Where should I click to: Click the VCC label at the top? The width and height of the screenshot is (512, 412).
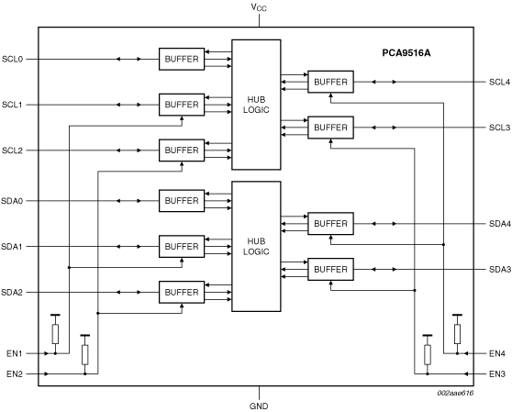259,7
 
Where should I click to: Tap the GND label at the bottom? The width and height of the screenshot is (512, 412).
259,406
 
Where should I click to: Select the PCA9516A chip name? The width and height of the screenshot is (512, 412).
406,53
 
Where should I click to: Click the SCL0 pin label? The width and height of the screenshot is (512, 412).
13,59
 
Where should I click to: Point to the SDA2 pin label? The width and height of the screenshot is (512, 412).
12,292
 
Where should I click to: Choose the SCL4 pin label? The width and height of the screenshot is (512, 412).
499,82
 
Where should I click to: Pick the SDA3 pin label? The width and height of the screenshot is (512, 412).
499,270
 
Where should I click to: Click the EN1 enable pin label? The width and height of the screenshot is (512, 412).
15,353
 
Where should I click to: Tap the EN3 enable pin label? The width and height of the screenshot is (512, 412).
497,373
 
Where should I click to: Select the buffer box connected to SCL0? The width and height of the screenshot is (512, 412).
182,59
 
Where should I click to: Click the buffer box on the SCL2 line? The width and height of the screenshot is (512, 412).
182,150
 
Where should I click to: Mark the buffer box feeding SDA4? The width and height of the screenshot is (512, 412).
330,224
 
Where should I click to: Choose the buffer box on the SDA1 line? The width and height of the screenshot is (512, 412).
182,247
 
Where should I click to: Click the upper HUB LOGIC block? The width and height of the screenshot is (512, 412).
256,105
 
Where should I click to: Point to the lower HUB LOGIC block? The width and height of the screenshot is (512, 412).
256,247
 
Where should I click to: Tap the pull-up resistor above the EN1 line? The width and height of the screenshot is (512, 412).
55,334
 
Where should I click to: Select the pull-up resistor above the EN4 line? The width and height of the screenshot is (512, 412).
457,334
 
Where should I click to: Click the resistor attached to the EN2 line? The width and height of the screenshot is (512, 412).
85,354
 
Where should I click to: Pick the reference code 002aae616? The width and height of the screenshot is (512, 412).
455,393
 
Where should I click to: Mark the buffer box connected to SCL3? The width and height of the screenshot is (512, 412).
330,128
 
